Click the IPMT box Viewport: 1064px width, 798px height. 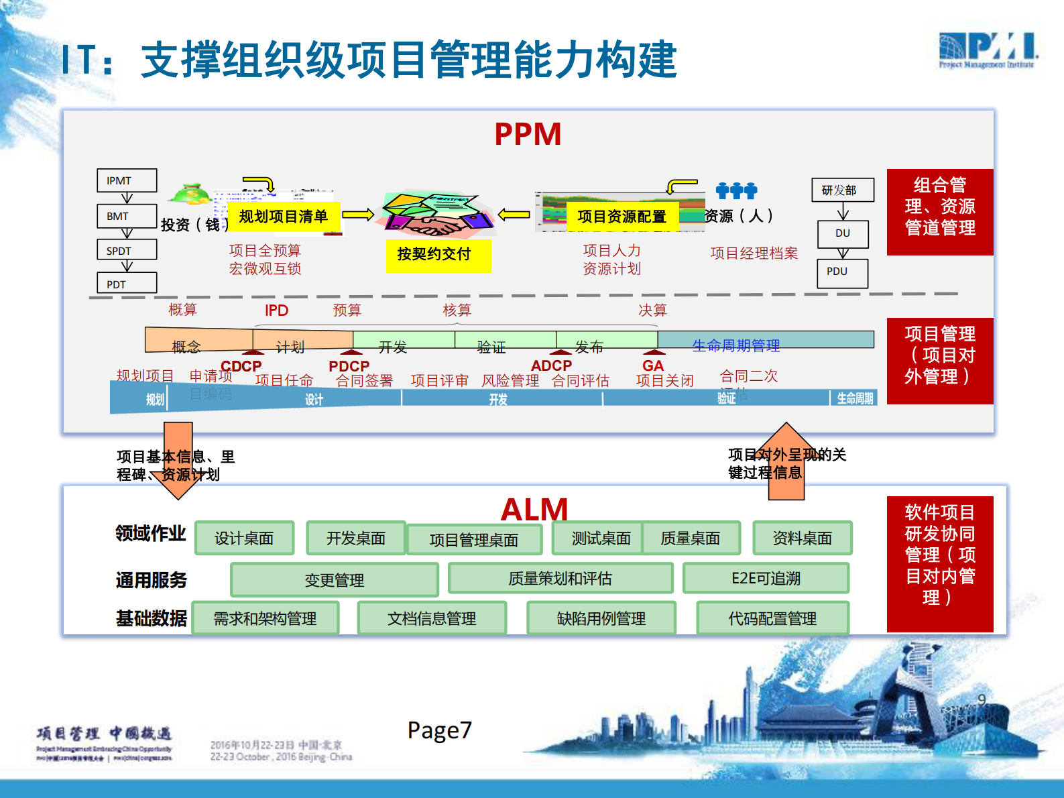click(x=127, y=180)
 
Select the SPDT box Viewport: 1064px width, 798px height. click(x=127, y=250)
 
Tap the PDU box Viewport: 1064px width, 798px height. click(x=843, y=272)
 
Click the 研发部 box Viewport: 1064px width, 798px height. click(x=843, y=190)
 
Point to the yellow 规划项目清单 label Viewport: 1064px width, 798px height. click(x=284, y=217)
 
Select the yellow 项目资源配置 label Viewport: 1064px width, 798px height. click(x=622, y=217)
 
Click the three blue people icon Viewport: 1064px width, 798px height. click(x=736, y=190)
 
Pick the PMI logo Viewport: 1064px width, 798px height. click(x=988, y=50)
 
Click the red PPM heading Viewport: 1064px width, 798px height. click(x=528, y=134)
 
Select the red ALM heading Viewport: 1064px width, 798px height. click(x=534, y=510)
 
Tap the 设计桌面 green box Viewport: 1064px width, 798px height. click(x=244, y=538)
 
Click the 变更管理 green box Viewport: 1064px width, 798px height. click(x=334, y=580)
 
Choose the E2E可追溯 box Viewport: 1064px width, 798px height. click(x=766, y=579)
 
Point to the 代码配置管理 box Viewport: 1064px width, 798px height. click(x=772, y=618)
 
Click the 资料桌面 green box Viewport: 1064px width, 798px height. click(x=802, y=538)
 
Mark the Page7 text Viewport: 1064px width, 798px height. click(x=439, y=730)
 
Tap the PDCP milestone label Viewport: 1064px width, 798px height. click(x=349, y=366)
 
